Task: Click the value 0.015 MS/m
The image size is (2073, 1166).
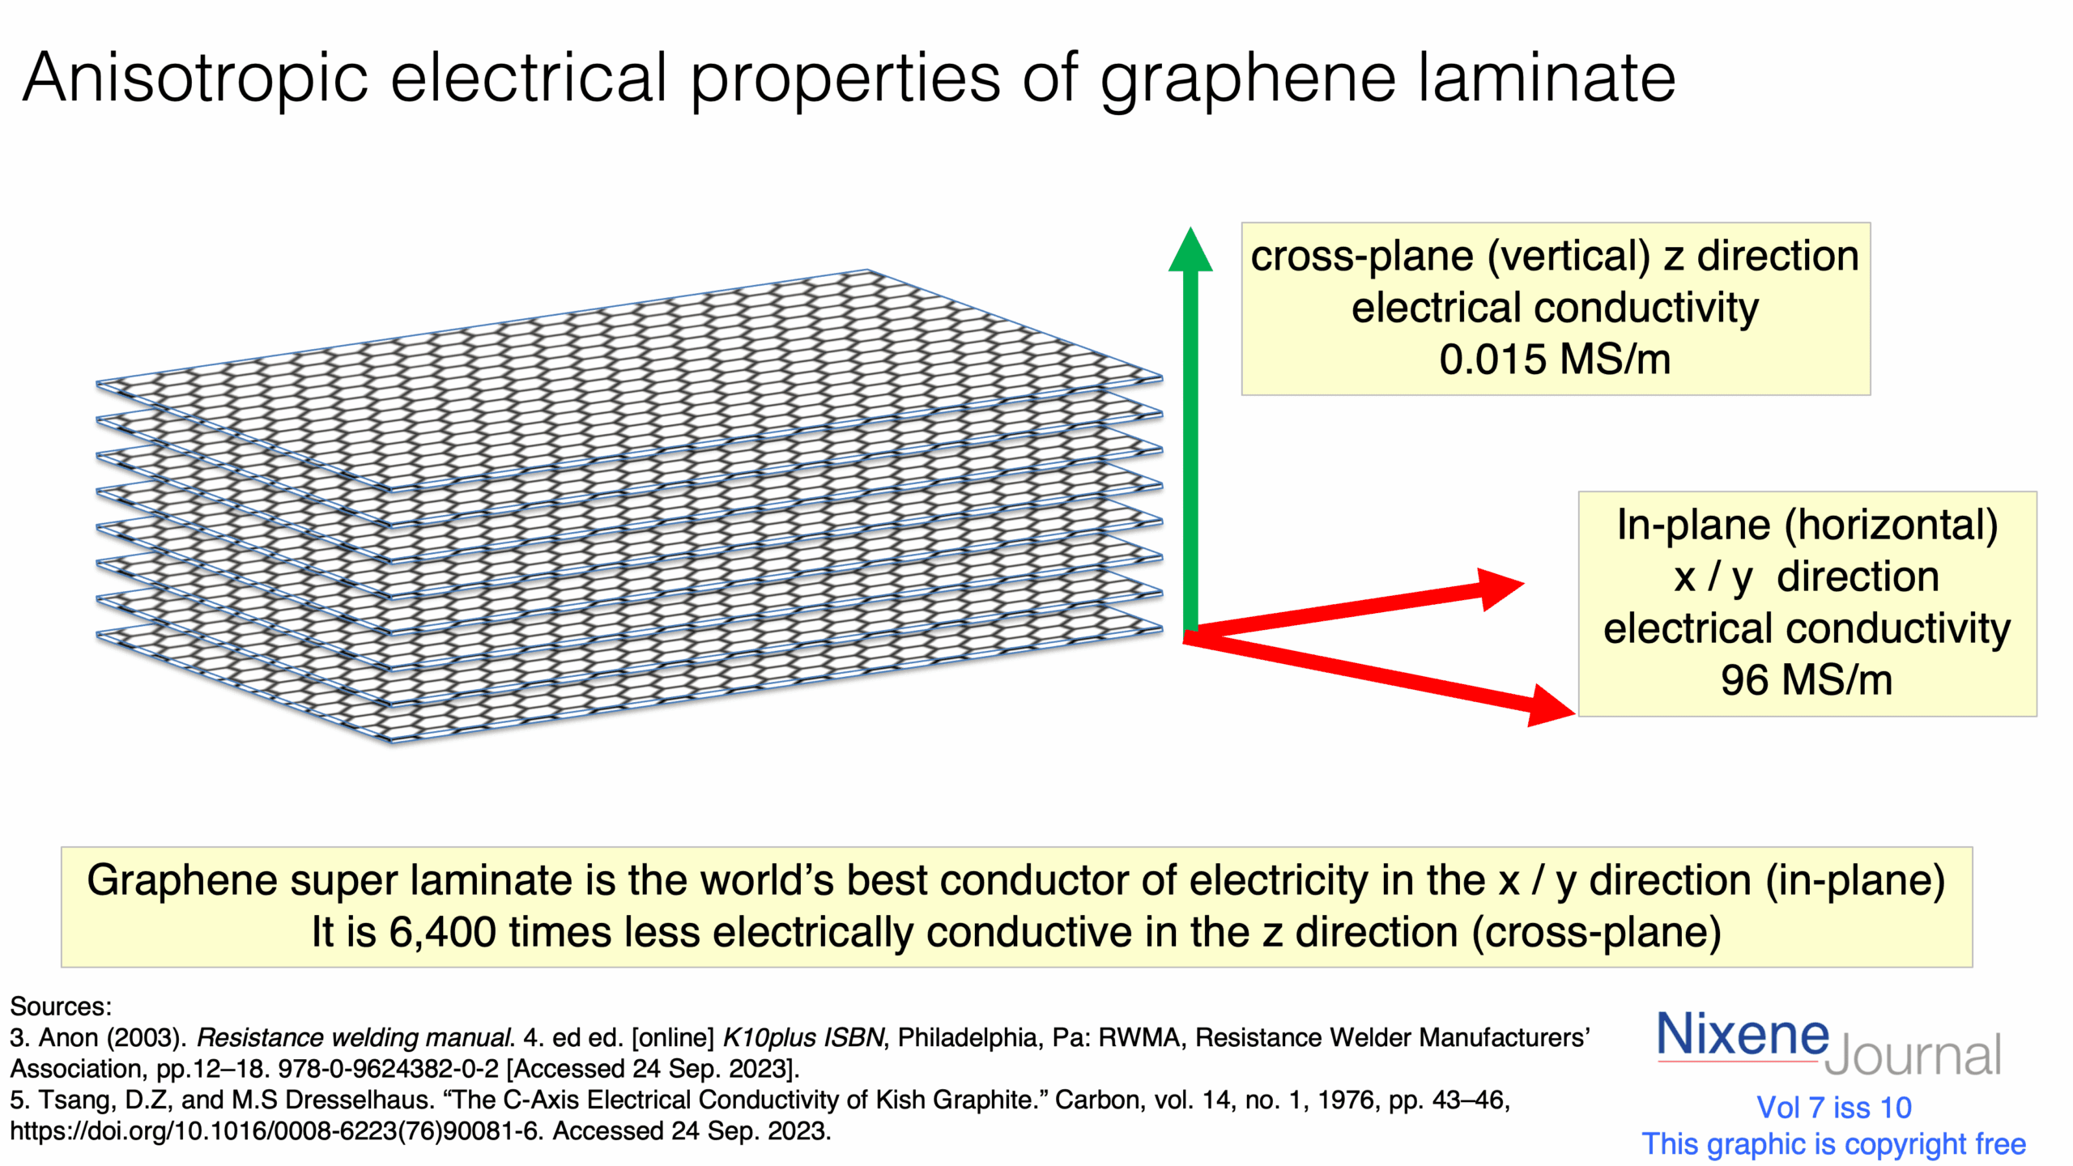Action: pos(1555,360)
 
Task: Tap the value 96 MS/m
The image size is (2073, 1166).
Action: pos(1807,680)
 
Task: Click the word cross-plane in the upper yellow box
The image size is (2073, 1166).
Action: pos(1361,257)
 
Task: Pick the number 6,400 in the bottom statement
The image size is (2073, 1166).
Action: pos(442,932)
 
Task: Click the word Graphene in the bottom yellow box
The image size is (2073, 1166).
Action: pos(181,880)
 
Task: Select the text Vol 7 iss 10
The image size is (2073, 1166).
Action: pos(1833,1107)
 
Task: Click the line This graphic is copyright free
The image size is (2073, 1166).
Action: pos(1833,1144)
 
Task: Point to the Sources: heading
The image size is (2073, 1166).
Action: pos(61,1006)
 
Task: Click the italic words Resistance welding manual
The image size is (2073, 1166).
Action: pos(355,1038)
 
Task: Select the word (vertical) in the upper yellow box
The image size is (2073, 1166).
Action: pos(1569,257)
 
